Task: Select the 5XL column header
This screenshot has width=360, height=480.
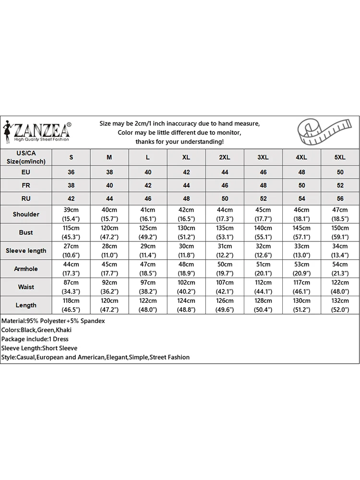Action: click(x=340, y=157)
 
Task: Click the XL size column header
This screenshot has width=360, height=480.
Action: click(x=186, y=157)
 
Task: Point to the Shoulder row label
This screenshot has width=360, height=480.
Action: click(x=26, y=214)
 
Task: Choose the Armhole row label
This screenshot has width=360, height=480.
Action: click(x=26, y=269)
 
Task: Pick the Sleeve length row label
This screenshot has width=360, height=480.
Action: click(x=26, y=251)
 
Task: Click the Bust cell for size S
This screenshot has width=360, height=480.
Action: click(x=72, y=232)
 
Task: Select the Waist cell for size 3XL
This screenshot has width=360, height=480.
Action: click(x=263, y=287)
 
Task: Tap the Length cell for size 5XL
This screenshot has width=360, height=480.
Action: click(x=340, y=305)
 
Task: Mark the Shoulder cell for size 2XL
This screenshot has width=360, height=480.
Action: click(x=225, y=214)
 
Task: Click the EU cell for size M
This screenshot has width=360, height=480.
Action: click(x=109, y=172)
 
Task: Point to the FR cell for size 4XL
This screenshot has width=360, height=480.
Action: click(x=301, y=185)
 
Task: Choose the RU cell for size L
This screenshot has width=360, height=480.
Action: click(x=148, y=199)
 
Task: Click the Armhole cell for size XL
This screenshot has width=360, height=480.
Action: click(x=186, y=269)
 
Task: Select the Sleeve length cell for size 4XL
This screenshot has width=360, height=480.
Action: click(x=301, y=251)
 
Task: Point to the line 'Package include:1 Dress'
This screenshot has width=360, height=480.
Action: click(x=35, y=339)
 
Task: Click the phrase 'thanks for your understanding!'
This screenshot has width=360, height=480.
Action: click(x=180, y=142)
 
